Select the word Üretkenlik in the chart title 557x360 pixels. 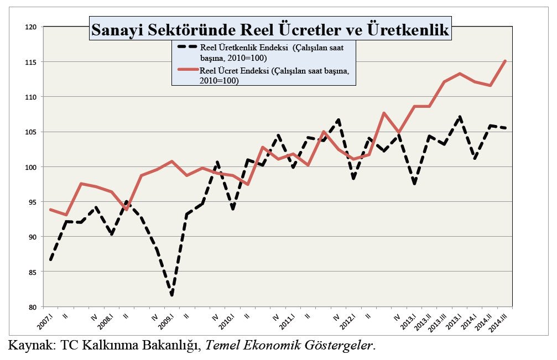(408, 29)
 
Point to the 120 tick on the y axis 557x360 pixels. (32, 27)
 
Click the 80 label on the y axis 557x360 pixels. (33, 307)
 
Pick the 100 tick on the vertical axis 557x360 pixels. (32, 167)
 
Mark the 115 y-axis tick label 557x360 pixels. (32, 62)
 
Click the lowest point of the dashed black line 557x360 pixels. (172, 295)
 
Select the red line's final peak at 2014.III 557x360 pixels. (505, 61)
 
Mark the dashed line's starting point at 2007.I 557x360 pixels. (51, 260)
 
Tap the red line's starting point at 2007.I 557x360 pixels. (51, 210)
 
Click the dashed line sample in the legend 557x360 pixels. (187, 46)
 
